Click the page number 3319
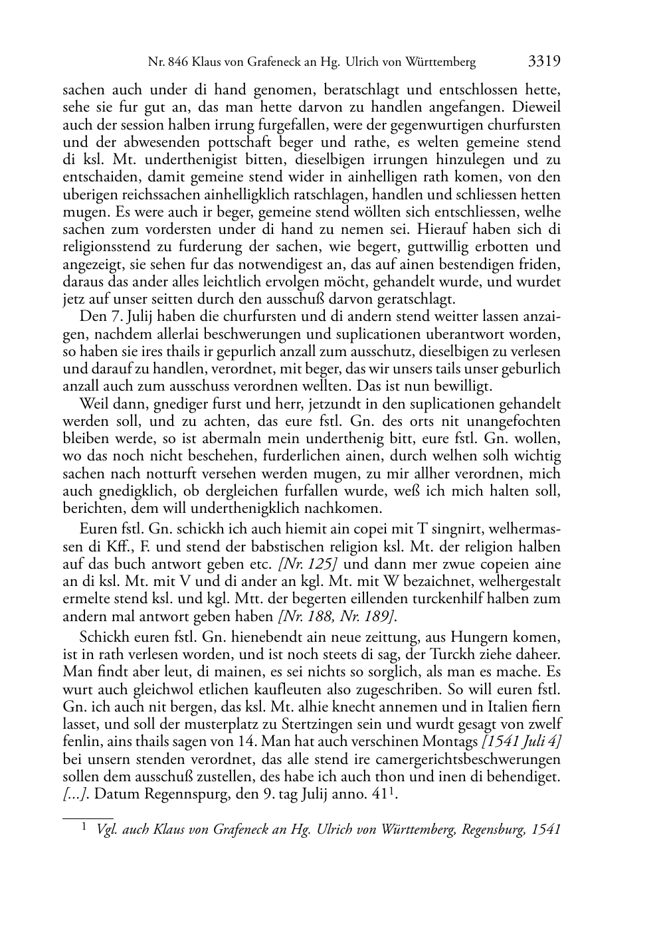coord(544,62)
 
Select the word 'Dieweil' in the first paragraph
coord(536,108)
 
